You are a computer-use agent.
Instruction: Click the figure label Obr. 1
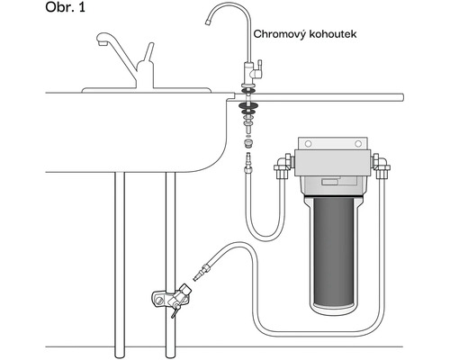coord(65,7)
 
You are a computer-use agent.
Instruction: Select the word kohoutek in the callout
coord(333,34)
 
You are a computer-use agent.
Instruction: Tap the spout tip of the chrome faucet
coord(207,22)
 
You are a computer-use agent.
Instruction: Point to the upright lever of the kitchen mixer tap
coord(148,52)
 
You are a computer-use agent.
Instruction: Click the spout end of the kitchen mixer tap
coord(103,43)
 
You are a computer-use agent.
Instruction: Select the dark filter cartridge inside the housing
coord(334,251)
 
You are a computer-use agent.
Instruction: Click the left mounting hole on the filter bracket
coord(308,144)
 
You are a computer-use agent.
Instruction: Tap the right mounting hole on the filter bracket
coord(358,144)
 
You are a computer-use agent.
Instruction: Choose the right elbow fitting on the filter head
coord(381,166)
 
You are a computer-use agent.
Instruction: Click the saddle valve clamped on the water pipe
coord(171,296)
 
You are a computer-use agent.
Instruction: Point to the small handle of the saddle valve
coord(175,310)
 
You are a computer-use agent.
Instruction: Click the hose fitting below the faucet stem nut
coord(248,163)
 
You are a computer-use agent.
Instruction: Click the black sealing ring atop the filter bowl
coord(334,196)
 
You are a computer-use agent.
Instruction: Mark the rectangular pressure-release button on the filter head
coord(329,182)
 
